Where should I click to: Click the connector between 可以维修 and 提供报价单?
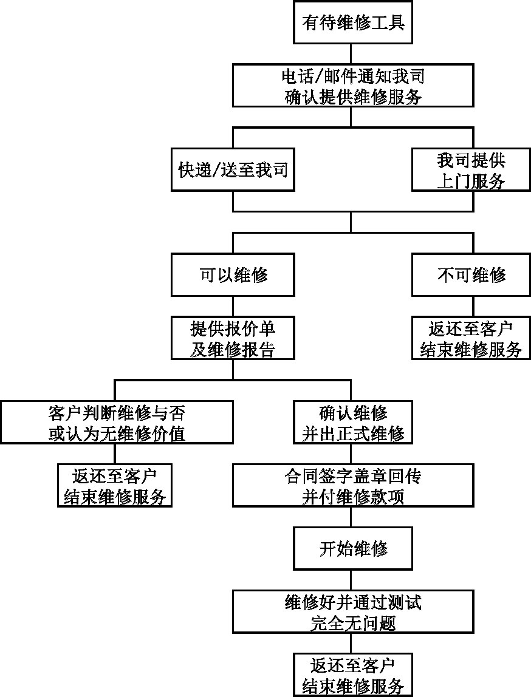pyautogui.click(x=233, y=307)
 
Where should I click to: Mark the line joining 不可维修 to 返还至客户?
pyautogui.click(x=473, y=307)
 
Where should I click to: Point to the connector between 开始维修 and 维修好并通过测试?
pyautogui.click(x=351, y=580)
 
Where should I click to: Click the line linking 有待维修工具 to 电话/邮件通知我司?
pyautogui.click(x=351, y=54)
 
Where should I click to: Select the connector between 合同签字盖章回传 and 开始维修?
pyautogui.click(x=351, y=517)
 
